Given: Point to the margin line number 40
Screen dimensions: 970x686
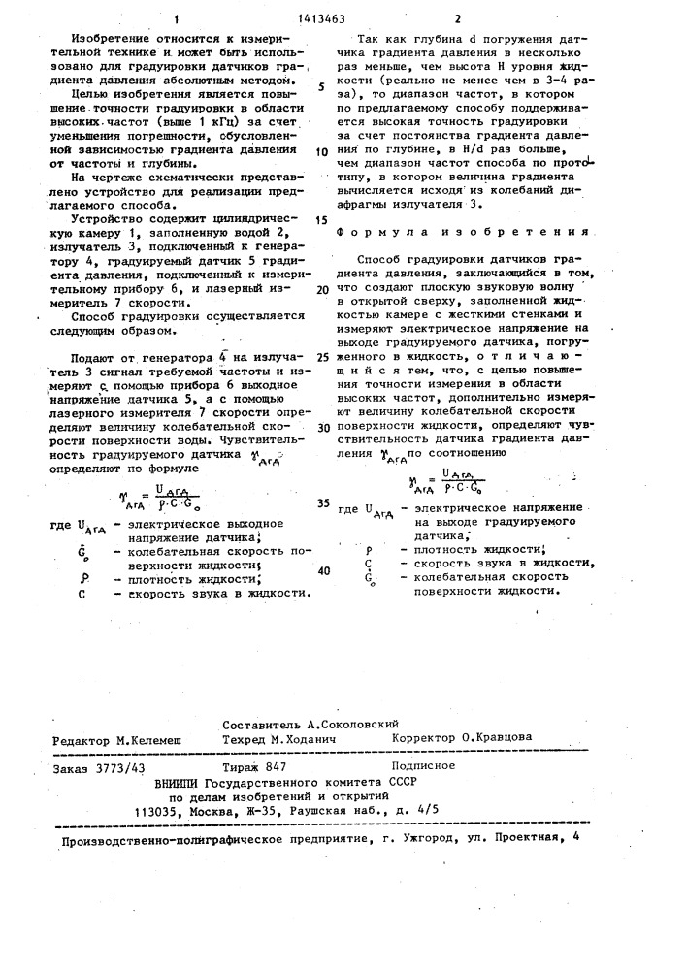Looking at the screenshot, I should tap(323, 570).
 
